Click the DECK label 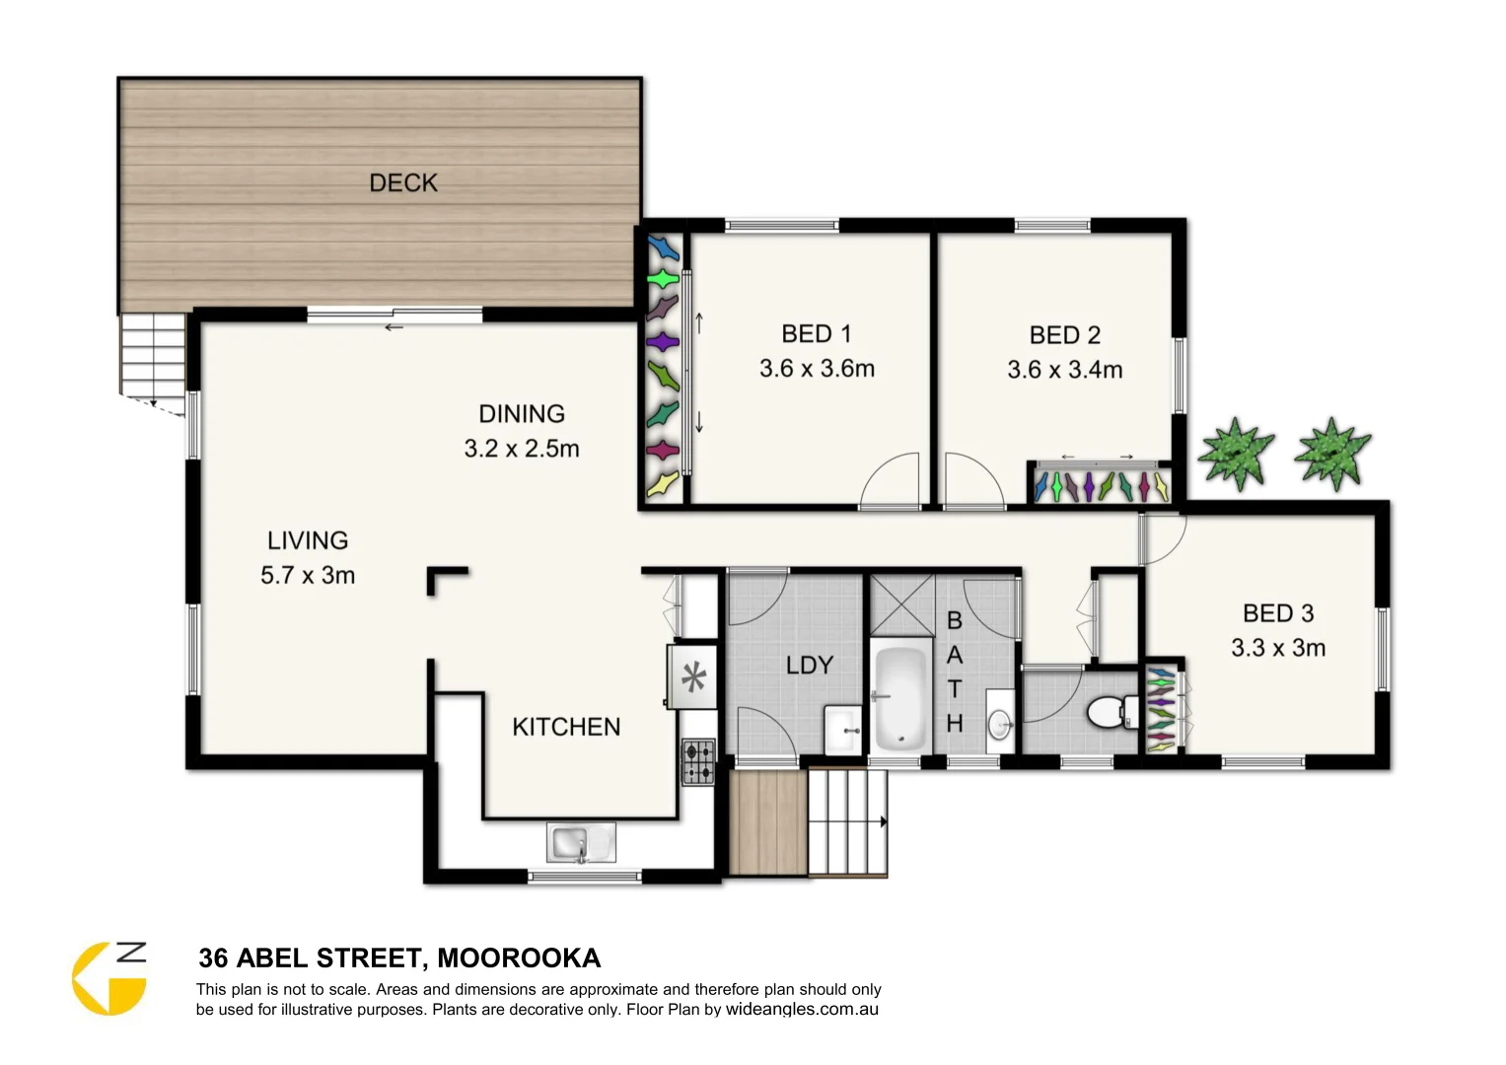pyautogui.click(x=402, y=182)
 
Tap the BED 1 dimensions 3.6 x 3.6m pyautogui.click(x=817, y=369)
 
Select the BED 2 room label pyautogui.click(x=1064, y=335)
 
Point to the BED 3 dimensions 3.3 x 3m pyautogui.click(x=1278, y=648)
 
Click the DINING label pyautogui.click(x=522, y=414)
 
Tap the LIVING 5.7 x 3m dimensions pyautogui.click(x=308, y=575)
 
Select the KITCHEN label pyautogui.click(x=566, y=727)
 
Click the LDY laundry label pyautogui.click(x=809, y=666)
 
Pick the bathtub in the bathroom pyautogui.click(x=899, y=695)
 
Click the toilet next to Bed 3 pyautogui.click(x=1111, y=710)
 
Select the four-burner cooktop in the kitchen pyautogui.click(x=699, y=762)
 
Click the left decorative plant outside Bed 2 pyautogui.click(x=1235, y=452)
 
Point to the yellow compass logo pyautogui.click(x=108, y=978)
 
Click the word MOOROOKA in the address pyautogui.click(x=519, y=958)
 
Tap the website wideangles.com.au pyautogui.click(x=802, y=1010)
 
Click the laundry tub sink pyautogui.click(x=843, y=730)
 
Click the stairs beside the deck pyautogui.click(x=153, y=353)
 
